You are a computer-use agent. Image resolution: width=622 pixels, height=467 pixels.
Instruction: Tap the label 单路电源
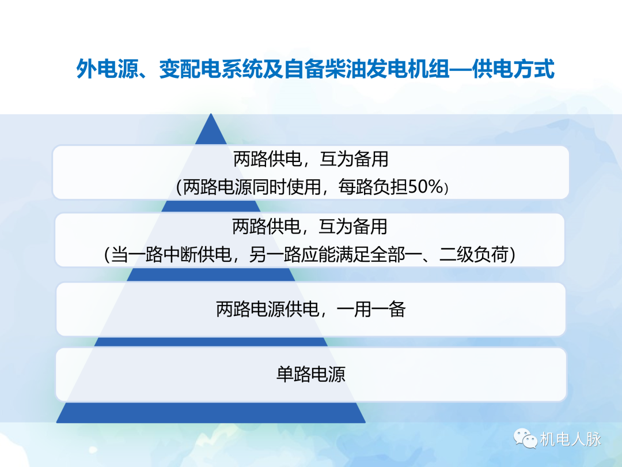pyautogui.click(x=311, y=375)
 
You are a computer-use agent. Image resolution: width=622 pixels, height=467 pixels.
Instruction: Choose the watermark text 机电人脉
pyautogui.click(x=571, y=439)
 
